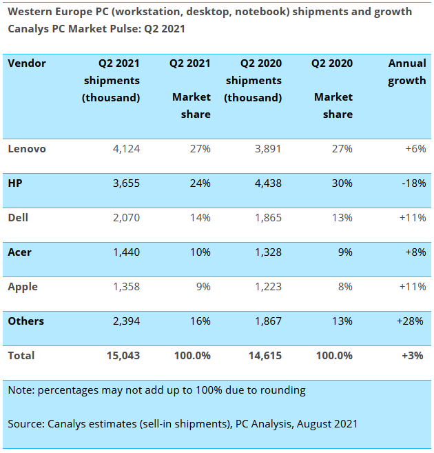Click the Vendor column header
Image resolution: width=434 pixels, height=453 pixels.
pyautogui.click(x=27, y=63)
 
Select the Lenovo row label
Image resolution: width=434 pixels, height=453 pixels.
pyautogui.click(x=27, y=148)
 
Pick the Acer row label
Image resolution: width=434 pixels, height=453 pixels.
pyautogui.click(x=20, y=252)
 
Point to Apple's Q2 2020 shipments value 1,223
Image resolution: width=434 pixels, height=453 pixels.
pyautogui.click(x=265, y=286)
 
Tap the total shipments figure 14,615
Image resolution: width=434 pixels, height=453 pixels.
pyautogui.click(x=263, y=355)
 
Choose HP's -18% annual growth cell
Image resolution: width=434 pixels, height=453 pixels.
pyautogui.click(x=413, y=183)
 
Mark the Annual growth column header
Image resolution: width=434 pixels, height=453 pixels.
pyautogui.click(x=407, y=72)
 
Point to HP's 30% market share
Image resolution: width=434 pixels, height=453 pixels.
pyautogui.click(x=341, y=183)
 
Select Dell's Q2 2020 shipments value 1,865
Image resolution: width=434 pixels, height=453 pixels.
pyautogui.click(x=265, y=217)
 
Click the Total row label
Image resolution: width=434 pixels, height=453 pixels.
pyautogui.click(x=21, y=355)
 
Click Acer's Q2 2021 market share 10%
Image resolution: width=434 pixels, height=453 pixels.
pyautogui.click(x=199, y=252)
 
